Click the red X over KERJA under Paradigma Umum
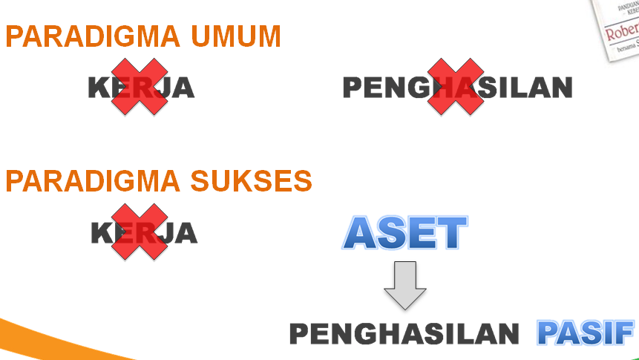coord(140,87)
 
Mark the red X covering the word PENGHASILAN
coord(456,87)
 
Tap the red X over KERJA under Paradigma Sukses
coord(140,232)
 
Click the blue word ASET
coord(405,233)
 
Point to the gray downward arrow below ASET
coord(405,286)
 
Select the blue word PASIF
coord(586,333)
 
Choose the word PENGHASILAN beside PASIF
coord(404,334)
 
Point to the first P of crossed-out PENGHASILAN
coord(353,88)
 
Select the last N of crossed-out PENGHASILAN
coord(561,88)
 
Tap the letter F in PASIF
coord(624,333)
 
